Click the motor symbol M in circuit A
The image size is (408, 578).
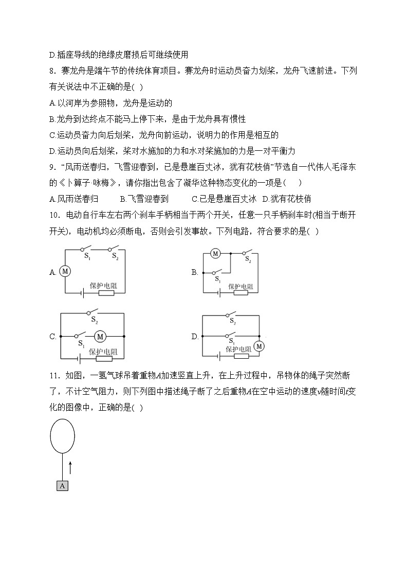click(x=65, y=271)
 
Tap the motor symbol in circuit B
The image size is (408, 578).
click(x=216, y=253)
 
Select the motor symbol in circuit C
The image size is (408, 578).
click(x=100, y=336)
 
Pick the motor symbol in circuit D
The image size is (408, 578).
click(x=258, y=346)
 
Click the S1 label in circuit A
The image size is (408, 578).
click(x=87, y=256)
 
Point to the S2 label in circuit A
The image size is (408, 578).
click(x=115, y=256)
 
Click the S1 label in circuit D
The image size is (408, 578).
click(x=232, y=341)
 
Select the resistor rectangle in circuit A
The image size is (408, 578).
click(x=106, y=293)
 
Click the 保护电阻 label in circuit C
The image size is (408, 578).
click(x=103, y=352)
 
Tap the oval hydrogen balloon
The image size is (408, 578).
click(x=63, y=436)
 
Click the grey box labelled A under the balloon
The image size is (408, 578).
click(x=62, y=485)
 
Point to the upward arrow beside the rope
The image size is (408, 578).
click(x=70, y=467)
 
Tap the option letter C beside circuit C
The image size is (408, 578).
click(x=52, y=337)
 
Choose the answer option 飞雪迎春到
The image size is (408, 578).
click(x=144, y=199)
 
